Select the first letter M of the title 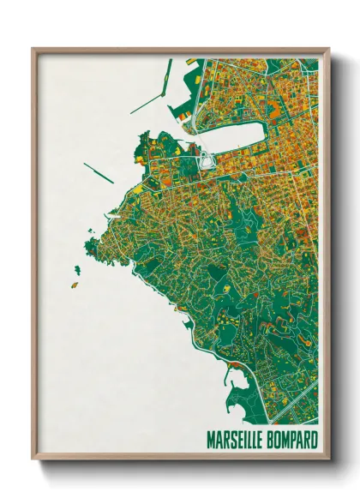210,440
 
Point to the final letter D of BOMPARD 315,440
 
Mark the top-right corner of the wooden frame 328,49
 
